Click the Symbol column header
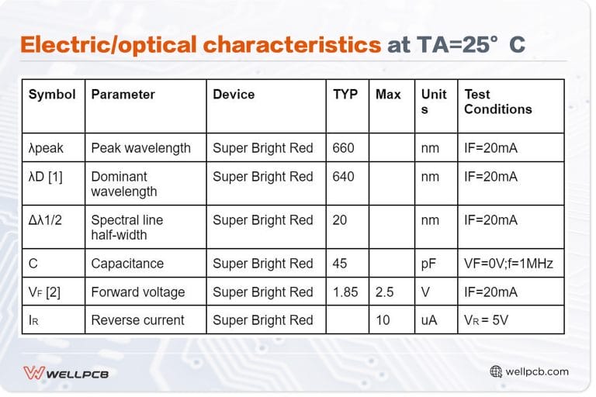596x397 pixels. (x=52, y=95)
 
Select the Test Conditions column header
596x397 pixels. (x=497, y=102)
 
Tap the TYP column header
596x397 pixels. (x=345, y=95)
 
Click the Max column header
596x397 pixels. (x=388, y=95)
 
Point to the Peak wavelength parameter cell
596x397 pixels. (x=140, y=148)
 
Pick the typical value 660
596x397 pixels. (x=343, y=148)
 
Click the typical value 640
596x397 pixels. (x=343, y=177)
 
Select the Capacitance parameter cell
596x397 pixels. (x=127, y=264)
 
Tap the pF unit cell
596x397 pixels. (x=428, y=264)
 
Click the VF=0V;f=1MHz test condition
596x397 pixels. (x=508, y=264)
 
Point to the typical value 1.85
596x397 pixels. (x=345, y=292)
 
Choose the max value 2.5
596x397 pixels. (x=385, y=292)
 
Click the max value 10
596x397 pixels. (x=383, y=320)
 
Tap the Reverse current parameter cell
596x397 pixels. (x=137, y=320)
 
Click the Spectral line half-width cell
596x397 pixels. (x=127, y=227)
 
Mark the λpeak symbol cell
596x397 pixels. (x=46, y=148)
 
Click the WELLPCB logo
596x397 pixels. (x=66, y=373)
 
